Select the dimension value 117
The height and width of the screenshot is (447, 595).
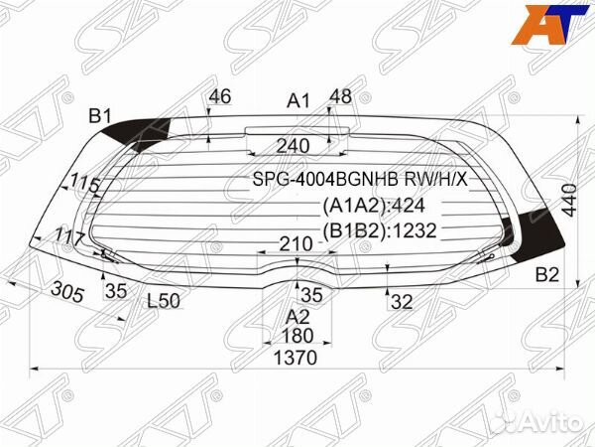[69, 238]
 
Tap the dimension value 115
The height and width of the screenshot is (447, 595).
[86, 184]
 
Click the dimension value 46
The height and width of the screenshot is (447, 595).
[221, 97]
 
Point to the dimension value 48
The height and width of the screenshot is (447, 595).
[340, 97]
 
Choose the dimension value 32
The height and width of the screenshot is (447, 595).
[402, 302]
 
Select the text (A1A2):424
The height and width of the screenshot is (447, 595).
[374, 207]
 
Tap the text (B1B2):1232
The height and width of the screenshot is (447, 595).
[380, 231]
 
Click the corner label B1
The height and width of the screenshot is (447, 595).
[100, 117]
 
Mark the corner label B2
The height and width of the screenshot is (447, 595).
[547, 275]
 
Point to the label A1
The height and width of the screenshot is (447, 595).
[298, 100]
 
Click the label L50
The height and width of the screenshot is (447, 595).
[164, 301]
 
